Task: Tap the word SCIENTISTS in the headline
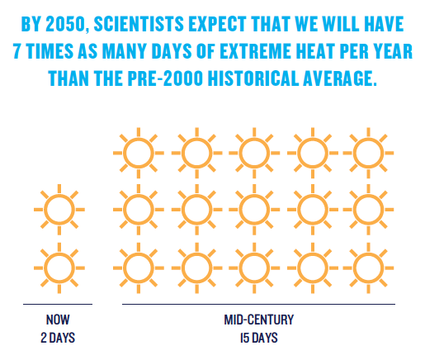pos(139,24)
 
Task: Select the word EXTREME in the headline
pos(255,51)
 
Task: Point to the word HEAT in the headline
pos(314,51)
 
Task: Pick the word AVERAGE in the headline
pos(339,78)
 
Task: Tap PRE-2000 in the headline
pos(165,78)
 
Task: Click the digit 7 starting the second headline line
pos(17,51)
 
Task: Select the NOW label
pos(58,320)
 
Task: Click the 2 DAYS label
pos(58,338)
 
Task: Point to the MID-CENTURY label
pos(259,320)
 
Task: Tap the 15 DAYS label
pos(259,338)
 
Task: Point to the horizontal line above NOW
pos(58,304)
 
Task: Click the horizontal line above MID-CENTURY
pos(259,304)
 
